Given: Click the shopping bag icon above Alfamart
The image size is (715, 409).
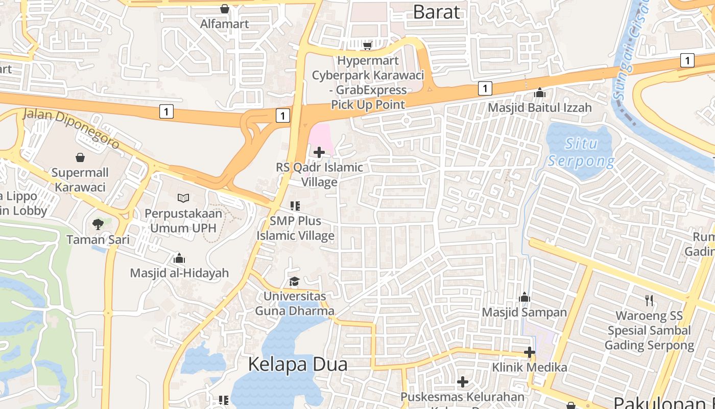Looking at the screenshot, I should click(224, 9).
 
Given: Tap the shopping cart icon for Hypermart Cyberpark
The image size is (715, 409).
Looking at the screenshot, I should click(367, 46).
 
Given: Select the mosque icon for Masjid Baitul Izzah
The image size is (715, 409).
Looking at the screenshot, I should click(540, 93).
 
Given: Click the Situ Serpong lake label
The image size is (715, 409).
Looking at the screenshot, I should click(581, 152).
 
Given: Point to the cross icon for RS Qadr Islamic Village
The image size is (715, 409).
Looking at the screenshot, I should click(319, 152).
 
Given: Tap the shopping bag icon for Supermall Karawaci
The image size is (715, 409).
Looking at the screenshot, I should click(80, 157).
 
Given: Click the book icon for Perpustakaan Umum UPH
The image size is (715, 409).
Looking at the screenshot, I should click(183, 198).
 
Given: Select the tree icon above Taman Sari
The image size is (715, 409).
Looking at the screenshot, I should click(98, 224).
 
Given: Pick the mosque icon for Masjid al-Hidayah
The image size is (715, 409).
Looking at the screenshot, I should click(179, 258).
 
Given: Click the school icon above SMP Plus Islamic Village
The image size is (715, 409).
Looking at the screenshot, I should click(295, 206).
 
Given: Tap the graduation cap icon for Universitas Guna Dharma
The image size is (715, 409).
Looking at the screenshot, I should click(294, 281).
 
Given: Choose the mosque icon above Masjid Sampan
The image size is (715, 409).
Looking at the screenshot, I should click(525, 297).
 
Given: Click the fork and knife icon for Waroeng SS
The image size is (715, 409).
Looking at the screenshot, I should click(649, 300).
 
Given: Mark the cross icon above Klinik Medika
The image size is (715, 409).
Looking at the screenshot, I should click(530, 352).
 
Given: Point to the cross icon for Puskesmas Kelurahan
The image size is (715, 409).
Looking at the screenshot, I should click(463, 382).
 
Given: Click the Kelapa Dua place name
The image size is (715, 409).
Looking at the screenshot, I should click(298, 364).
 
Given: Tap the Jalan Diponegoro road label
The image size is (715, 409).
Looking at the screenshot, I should click(71, 128).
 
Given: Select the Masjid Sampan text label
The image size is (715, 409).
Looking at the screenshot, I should click(525, 312).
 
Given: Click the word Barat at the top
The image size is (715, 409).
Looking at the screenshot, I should click(437, 11).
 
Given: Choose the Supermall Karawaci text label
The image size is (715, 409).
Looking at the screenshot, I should click(80, 180).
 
